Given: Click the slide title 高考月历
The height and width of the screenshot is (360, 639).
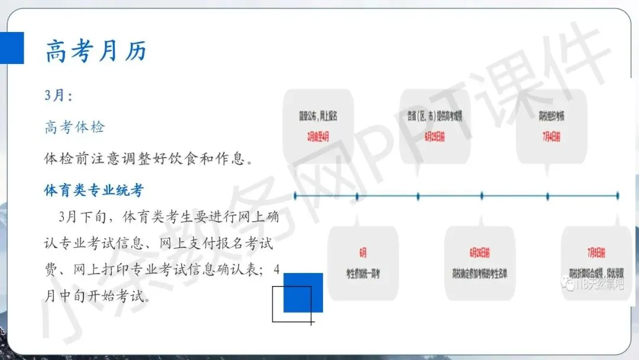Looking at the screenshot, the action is pos(96,52).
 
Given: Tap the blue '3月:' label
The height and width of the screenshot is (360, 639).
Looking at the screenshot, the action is pos(59,95).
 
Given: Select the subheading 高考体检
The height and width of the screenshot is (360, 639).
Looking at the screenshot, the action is pos(75,127).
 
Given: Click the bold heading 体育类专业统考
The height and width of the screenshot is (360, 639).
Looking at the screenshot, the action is pos(94,190).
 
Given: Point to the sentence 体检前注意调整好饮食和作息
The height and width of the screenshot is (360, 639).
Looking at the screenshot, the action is pos(149,159).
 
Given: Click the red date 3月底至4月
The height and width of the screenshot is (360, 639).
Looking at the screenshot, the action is pos(318,137).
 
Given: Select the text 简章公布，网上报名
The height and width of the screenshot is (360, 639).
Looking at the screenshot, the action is pos(318,115).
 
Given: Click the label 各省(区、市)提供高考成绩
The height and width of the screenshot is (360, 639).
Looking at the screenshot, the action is pos(435,115).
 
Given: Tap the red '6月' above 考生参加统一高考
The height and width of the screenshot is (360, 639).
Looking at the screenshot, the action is pos(363,253).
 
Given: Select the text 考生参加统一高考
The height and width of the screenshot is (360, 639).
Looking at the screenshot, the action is pos(363,274).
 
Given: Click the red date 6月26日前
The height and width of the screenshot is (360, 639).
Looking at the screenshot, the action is pos(480,253).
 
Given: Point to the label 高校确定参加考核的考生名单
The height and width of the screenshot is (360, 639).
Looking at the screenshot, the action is pos(480,274).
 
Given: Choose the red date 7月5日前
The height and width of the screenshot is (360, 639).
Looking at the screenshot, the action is pos(596,253).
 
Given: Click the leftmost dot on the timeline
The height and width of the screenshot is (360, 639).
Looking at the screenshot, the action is pos(295,195).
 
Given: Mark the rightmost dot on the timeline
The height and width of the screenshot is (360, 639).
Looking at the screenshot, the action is pos(618,195).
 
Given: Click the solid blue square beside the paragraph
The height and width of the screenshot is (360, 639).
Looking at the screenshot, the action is pos(304,292).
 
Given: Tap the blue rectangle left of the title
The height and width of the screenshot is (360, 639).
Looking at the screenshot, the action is pos(12,47).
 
